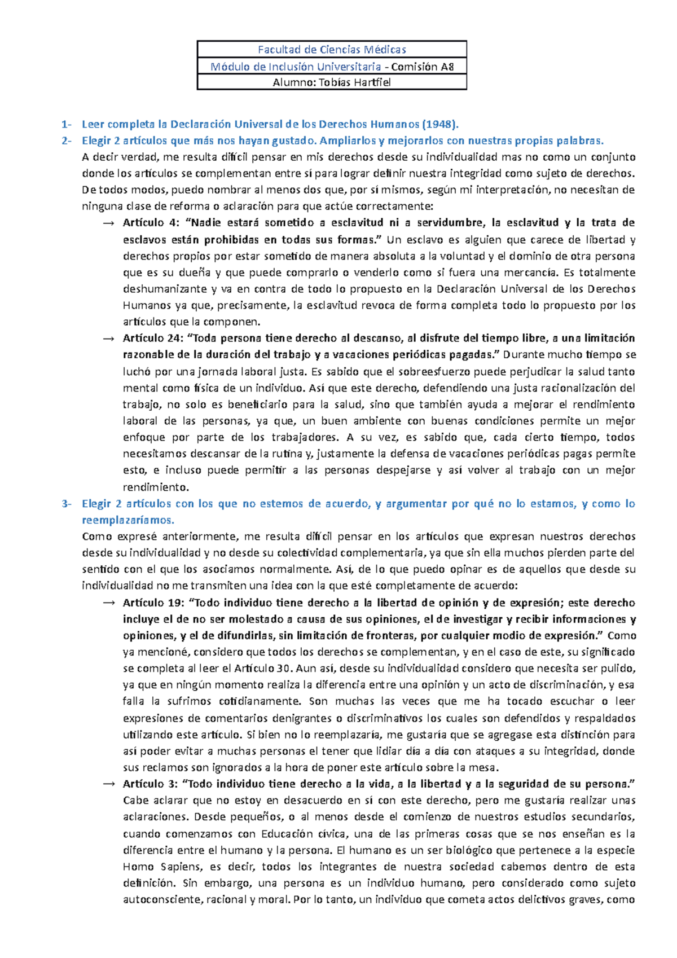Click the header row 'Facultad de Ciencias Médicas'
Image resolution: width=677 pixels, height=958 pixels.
332,49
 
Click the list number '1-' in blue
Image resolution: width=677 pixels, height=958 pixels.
67,124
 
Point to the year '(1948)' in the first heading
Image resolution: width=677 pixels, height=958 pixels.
441,124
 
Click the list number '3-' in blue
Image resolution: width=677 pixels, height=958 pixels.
67,504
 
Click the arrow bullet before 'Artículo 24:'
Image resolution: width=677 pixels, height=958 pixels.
108,339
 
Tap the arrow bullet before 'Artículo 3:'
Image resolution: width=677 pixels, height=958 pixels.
108,784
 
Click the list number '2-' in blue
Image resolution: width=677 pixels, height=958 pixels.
67,140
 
